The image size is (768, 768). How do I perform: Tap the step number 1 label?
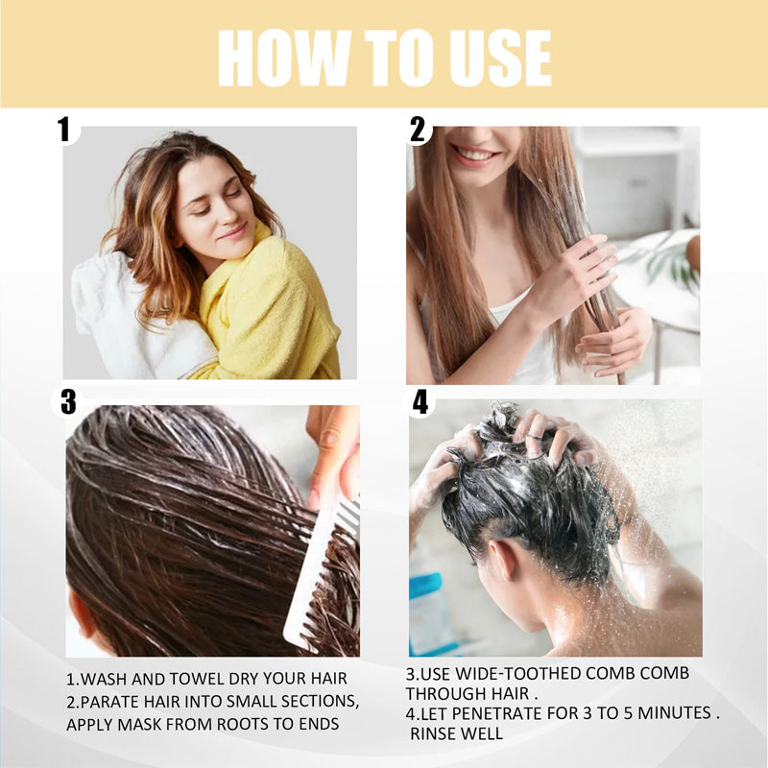[x=64, y=129]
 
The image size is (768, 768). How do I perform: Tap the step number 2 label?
[x=418, y=129]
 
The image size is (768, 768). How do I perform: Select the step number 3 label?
[x=67, y=401]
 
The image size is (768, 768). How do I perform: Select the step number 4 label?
[x=420, y=401]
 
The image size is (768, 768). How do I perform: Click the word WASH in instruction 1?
[x=109, y=679]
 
